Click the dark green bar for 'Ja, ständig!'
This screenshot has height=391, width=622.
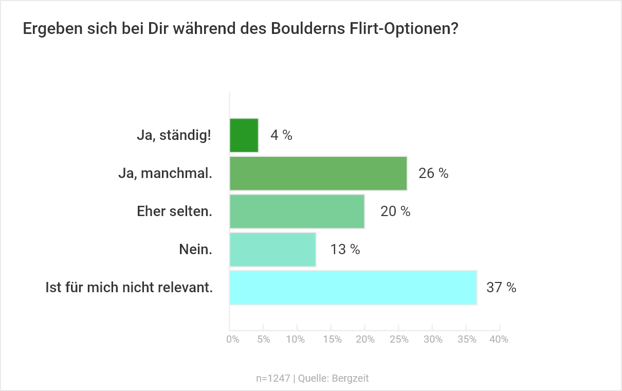pyautogui.click(x=244, y=135)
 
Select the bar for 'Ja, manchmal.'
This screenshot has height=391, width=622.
pyautogui.click(x=318, y=173)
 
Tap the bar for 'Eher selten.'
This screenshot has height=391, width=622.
pyautogui.click(x=297, y=211)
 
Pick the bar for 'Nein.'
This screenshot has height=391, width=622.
pyautogui.click(x=272, y=250)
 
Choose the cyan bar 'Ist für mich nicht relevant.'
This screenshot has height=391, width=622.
pyautogui.click(x=353, y=288)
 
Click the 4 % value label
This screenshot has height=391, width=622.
pyautogui.click(x=281, y=136)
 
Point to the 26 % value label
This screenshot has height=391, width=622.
pyautogui.click(x=433, y=174)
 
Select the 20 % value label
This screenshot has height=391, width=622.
pyautogui.click(x=395, y=211)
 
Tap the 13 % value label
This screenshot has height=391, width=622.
pyautogui.click(x=345, y=250)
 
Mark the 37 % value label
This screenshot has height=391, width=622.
pyautogui.click(x=501, y=288)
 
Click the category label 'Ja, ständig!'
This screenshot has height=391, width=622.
pyautogui.click(x=174, y=136)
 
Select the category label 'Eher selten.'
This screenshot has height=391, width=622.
pyautogui.click(x=174, y=211)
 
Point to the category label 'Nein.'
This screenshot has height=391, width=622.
pyautogui.click(x=195, y=250)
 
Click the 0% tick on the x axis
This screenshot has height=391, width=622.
pyautogui.click(x=233, y=340)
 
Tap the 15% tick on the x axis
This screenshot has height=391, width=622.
pyautogui.click(x=333, y=340)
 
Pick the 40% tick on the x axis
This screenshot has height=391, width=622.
pyautogui.click(x=499, y=340)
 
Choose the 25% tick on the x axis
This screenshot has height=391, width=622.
pyautogui.click(x=399, y=340)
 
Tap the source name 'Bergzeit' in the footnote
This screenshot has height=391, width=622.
pyautogui.click(x=351, y=379)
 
